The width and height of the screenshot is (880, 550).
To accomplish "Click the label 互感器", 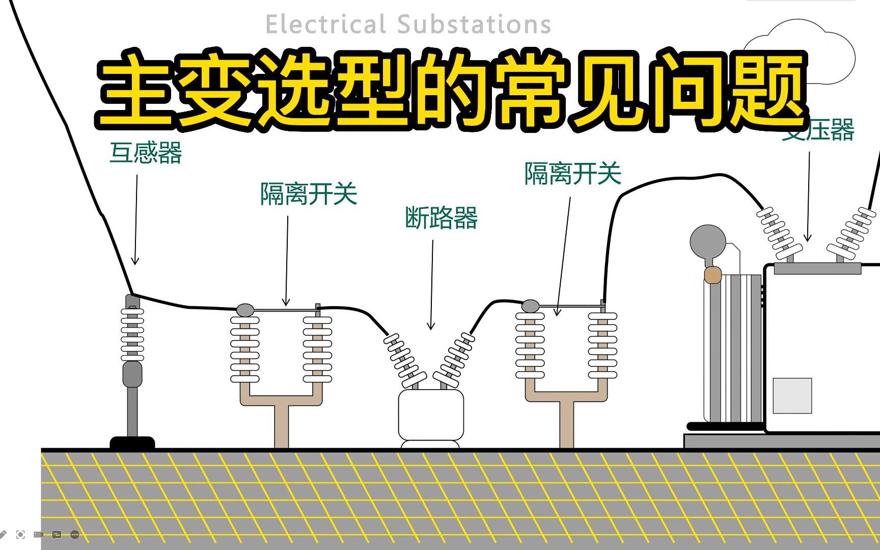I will coord(146,153).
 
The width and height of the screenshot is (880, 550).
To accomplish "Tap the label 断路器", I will coord(441,218).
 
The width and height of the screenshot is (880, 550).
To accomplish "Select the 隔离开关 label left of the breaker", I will coord(309,194).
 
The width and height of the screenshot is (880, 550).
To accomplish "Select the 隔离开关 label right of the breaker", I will coord(573,174).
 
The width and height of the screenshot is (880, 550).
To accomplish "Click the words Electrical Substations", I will coord(408,24).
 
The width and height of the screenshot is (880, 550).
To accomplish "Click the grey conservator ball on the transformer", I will coord(707,242).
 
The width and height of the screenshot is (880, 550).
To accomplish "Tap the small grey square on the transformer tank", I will coord(792,396).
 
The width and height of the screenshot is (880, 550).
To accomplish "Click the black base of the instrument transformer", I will coord(132,443).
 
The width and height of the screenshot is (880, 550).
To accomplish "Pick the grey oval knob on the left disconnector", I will coord(245,310).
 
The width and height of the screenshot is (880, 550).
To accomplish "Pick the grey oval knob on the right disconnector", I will coord(530,306).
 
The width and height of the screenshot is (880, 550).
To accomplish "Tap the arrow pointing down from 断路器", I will coord(432,285).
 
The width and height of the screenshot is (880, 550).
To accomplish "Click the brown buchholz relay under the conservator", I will coord(712,276).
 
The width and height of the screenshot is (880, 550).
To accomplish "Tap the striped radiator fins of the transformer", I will coord(733,349).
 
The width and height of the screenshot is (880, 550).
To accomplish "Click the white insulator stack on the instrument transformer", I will coord(132,334).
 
